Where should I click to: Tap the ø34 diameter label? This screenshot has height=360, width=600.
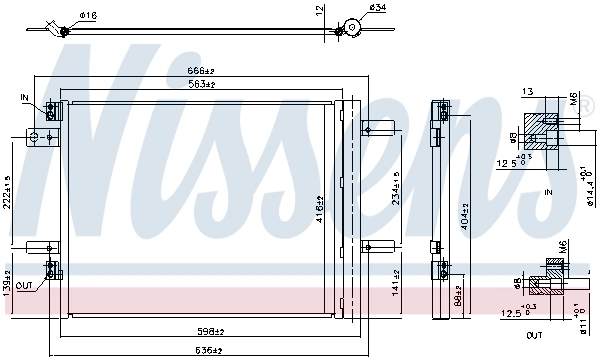point(377,10)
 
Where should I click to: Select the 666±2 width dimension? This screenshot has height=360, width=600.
point(203,71)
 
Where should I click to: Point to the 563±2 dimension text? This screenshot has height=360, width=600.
point(203,84)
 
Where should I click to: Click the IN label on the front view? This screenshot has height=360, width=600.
point(26,97)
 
